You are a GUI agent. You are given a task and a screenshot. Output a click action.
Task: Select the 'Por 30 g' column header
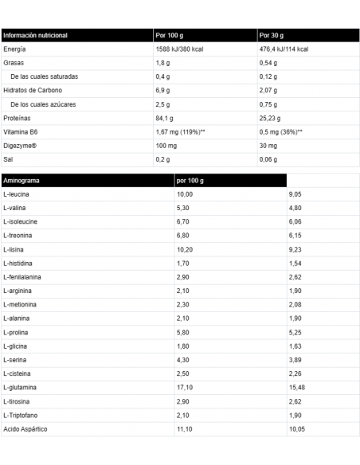point(272,36)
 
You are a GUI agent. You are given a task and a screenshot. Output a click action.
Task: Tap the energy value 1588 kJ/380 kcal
point(182,49)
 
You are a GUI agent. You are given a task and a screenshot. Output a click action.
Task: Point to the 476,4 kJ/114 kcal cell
point(284,49)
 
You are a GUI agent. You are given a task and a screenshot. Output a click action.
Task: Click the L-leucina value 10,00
point(185,193)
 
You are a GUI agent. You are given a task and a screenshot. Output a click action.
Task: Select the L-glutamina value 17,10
point(184,385)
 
